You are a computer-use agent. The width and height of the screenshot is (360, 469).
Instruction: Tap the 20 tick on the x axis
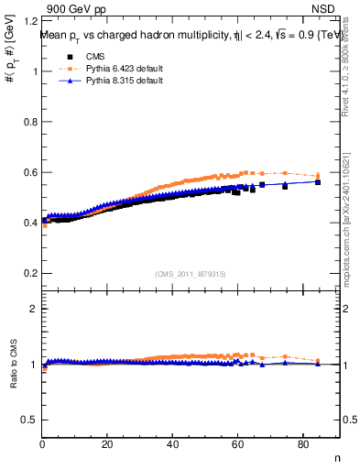[x=107, y=446]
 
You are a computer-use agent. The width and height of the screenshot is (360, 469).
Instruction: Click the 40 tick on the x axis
[x=172, y=446]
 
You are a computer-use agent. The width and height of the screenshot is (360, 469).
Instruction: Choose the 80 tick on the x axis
[x=303, y=446]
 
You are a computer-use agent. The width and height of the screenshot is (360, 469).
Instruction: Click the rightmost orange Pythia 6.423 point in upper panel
[x=318, y=175]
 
